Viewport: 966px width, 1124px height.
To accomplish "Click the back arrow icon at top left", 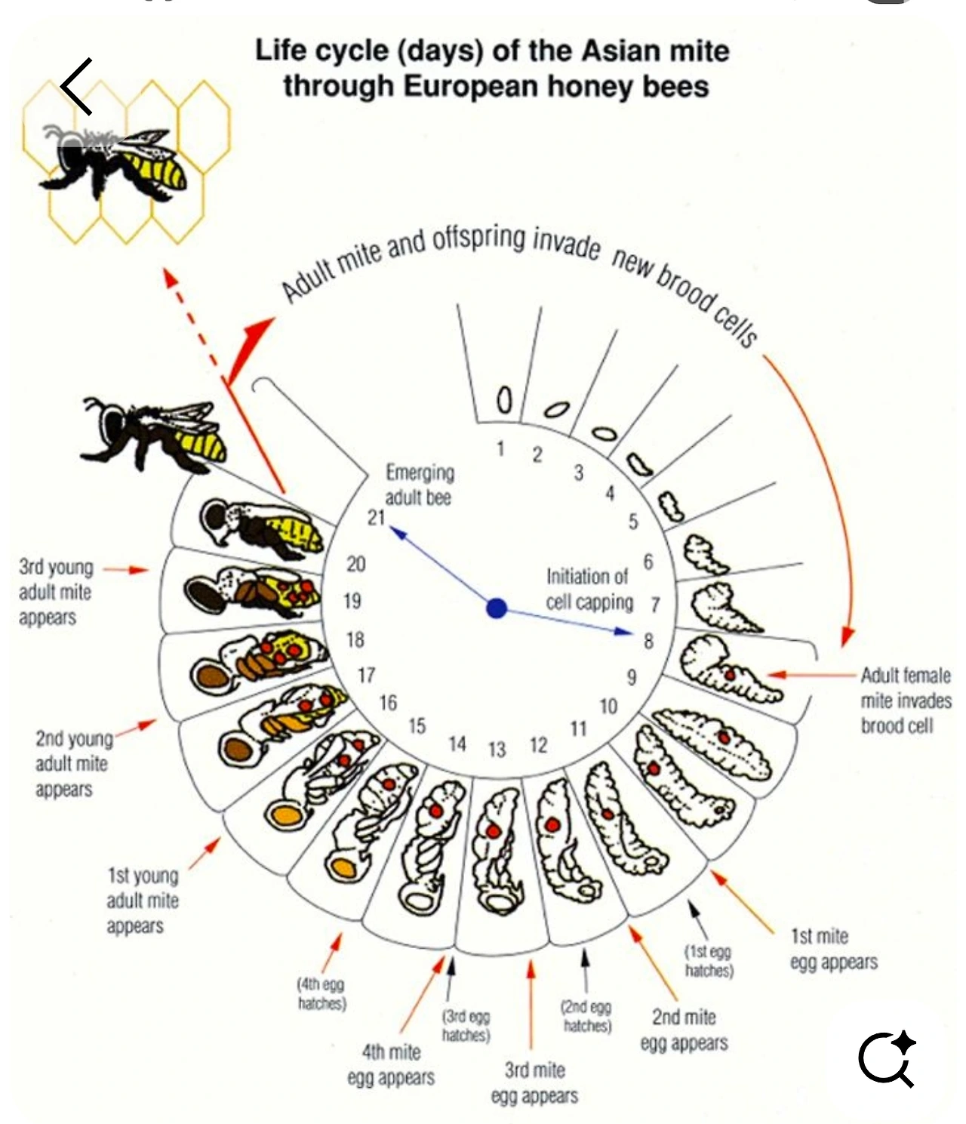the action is point(77,86).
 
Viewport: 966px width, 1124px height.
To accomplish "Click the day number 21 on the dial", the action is point(376,517).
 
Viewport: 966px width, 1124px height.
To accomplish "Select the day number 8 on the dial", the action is point(648,641).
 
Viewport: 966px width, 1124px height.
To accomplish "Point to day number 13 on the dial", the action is point(496,750).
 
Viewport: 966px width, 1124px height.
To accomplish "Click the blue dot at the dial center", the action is point(496,608).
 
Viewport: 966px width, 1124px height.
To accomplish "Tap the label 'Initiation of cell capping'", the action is point(589,590).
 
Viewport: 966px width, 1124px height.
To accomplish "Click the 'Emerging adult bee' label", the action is point(420,485).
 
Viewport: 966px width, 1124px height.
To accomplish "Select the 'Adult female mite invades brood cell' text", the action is point(905,701).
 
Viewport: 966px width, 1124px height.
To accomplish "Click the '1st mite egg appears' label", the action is point(833,949).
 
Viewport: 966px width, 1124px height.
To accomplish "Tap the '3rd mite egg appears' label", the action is point(534,1082).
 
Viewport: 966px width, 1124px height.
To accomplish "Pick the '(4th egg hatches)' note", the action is point(321,993).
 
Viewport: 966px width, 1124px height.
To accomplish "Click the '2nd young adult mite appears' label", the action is point(72,763).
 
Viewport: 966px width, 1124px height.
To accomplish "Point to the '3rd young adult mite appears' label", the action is point(55,592).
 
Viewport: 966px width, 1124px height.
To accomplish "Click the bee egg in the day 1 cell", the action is point(504,399).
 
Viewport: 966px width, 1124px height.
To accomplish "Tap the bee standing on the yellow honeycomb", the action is point(121,162).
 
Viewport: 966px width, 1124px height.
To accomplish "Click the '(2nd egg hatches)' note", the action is point(586,1016).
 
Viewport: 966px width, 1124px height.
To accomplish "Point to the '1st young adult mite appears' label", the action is point(142,901).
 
